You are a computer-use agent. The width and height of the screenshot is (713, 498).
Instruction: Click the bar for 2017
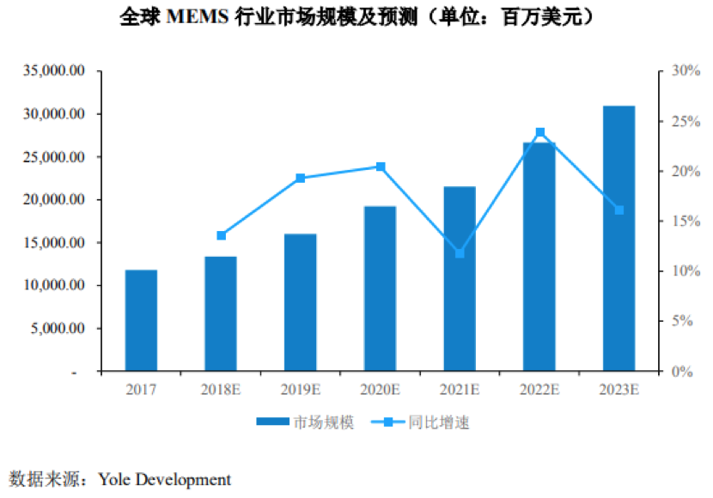tap(141, 320)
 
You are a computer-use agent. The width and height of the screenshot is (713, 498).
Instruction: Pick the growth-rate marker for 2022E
tap(539, 132)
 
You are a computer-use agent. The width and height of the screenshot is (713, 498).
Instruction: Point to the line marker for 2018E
tap(221, 235)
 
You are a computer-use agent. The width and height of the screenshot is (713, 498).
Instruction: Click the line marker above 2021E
tap(460, 253)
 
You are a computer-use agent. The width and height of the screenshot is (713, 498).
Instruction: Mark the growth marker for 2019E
tap(301, 178)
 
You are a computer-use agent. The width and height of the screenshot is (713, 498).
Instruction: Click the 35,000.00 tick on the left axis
tap(55, 70)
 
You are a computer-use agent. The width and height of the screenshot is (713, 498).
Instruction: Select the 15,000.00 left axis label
tap(55, 243)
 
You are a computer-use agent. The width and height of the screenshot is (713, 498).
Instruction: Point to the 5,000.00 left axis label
tap(58, 329)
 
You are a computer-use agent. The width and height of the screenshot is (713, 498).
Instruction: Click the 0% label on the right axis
tap(672, 372)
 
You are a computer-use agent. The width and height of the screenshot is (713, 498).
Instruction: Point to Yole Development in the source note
tap(164, 479)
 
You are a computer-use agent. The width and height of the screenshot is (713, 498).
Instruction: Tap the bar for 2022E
tap(539, 257)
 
